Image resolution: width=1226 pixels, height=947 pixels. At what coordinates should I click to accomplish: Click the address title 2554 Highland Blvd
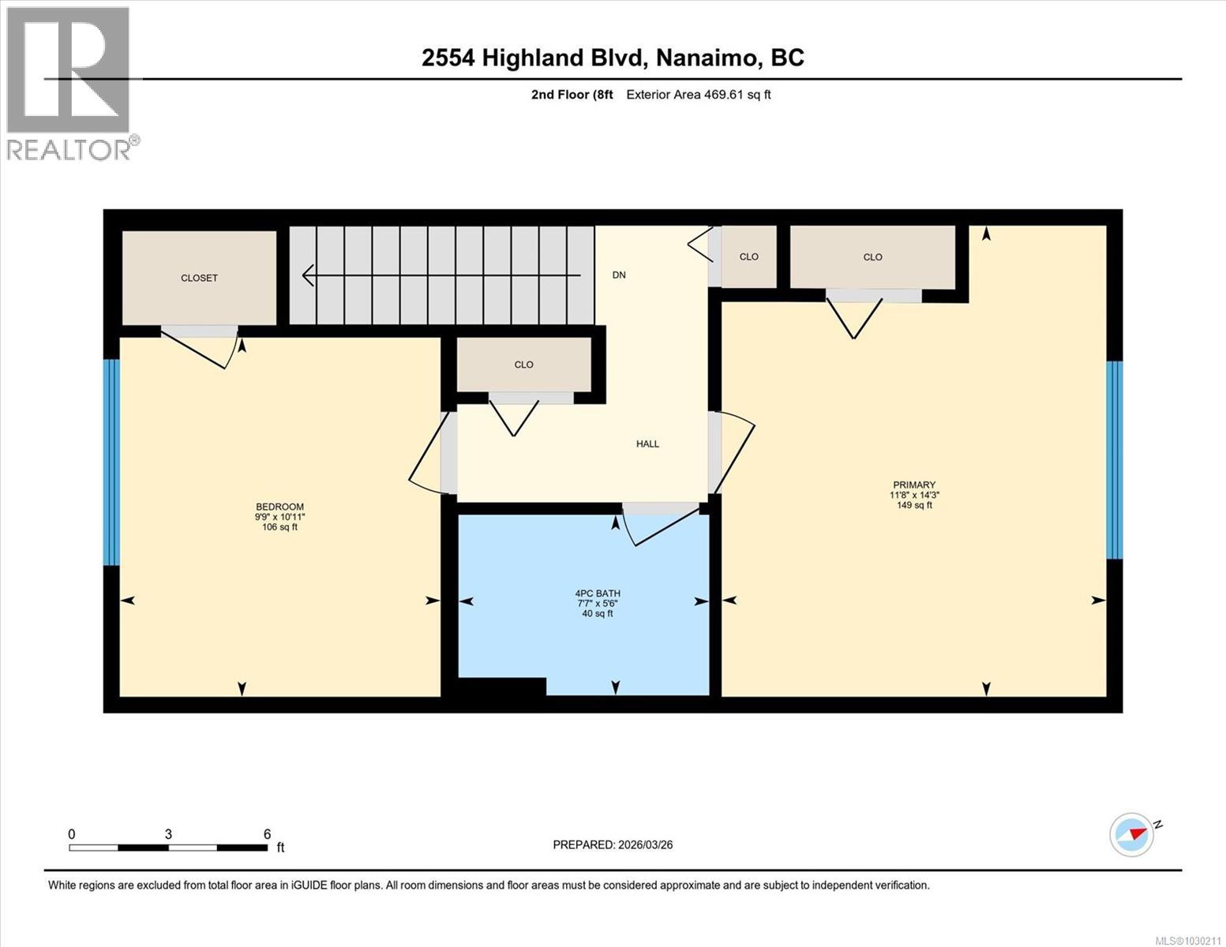(x=613, y=58)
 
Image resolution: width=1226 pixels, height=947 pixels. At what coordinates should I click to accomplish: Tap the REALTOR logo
(x=69, y=83)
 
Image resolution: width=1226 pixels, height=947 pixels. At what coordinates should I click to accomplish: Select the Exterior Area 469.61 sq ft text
(x=698, y=95)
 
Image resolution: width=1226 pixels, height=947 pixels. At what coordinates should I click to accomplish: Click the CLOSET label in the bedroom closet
(x=199, y=278)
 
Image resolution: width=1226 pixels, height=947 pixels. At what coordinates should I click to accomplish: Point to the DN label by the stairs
(x=619, y=275)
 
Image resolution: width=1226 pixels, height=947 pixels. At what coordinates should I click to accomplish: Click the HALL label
(x=647, y=444)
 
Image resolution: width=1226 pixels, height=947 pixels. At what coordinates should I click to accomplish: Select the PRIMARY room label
(x=914, y=485)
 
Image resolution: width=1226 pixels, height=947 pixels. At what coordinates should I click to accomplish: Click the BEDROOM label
(x=279, y=507)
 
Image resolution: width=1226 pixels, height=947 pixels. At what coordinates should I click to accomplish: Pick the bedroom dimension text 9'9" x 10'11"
(x=279, y=517)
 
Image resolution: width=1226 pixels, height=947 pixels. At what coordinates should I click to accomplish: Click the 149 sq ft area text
(x=914, y=505)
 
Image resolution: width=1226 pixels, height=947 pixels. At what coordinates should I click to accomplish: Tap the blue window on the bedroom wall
(x=111, y=462)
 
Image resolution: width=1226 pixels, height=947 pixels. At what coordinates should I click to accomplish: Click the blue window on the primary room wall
(x=1114, y=460)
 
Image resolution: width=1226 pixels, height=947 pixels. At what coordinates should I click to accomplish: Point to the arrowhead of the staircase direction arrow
(x=309, y=275)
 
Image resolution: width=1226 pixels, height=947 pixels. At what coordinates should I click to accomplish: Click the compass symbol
(x=1131, y=834)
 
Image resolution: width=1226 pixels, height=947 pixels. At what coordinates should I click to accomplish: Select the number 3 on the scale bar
(x=168, y=834)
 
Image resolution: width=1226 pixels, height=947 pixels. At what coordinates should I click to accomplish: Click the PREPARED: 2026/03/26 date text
(x=613, y=844)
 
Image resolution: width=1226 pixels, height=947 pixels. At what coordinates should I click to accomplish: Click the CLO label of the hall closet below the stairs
(x=523, y=365)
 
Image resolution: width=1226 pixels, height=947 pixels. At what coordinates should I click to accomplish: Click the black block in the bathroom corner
(x=502, y=687)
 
